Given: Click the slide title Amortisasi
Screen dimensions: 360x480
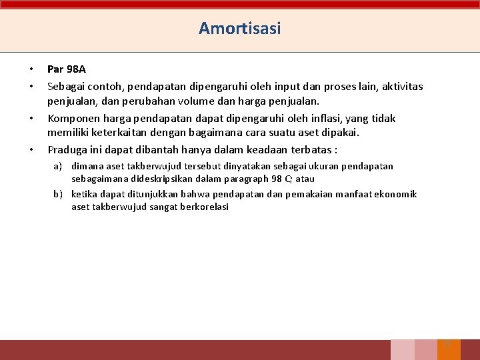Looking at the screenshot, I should point(240,29).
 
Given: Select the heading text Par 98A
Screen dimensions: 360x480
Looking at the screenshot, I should point(67,69).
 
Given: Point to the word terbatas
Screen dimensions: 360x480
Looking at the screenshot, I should point(313,149).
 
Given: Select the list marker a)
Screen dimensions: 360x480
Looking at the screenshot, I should point(58,166).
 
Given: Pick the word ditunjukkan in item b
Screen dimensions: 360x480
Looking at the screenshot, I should point(157,195).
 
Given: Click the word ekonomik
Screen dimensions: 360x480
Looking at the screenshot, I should point(397,195).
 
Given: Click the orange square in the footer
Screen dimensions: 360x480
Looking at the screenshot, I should point(449,350).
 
